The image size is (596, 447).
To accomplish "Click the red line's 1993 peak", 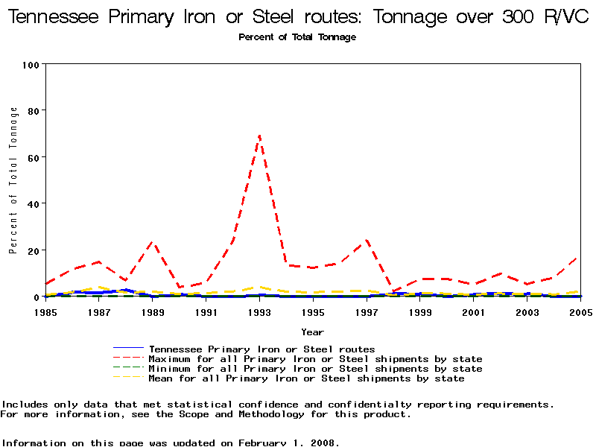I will (259, 135).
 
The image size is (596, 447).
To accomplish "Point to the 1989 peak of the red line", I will (152, 241).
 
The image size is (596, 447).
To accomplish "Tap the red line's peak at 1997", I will (367, 240).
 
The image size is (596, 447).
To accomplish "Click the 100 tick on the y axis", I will (31, 65).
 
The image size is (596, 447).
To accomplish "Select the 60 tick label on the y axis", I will (34, 157).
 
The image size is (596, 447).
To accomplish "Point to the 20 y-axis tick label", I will (34, 250).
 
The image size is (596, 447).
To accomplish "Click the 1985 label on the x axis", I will (45, 312).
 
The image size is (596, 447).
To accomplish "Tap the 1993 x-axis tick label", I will (259, 312).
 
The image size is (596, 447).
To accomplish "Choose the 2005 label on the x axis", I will (580, 312).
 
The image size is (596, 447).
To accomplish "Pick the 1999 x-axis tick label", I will (420, 312).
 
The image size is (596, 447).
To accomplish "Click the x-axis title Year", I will (312, 332).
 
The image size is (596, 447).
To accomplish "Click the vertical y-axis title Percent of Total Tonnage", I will (13, 180).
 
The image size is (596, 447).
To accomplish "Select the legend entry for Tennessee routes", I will (261, 349).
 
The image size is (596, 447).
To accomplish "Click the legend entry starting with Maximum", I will (315, 359).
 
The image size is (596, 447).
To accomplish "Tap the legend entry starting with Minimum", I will (315, 369).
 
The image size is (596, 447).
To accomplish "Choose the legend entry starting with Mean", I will (306, 378).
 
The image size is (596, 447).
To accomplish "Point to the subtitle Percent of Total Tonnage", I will (297, 37).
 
